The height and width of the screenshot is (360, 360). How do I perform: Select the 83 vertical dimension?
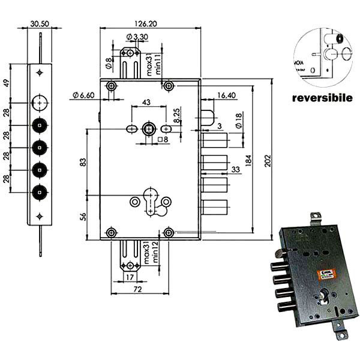click(82, 161)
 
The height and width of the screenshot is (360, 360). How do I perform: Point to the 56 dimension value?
click(82, 217)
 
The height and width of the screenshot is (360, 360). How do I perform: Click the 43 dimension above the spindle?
click(147, 103)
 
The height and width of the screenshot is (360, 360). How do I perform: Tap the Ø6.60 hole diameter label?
click(82, 95)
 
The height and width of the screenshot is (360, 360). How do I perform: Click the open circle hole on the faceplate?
click(40, 103)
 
